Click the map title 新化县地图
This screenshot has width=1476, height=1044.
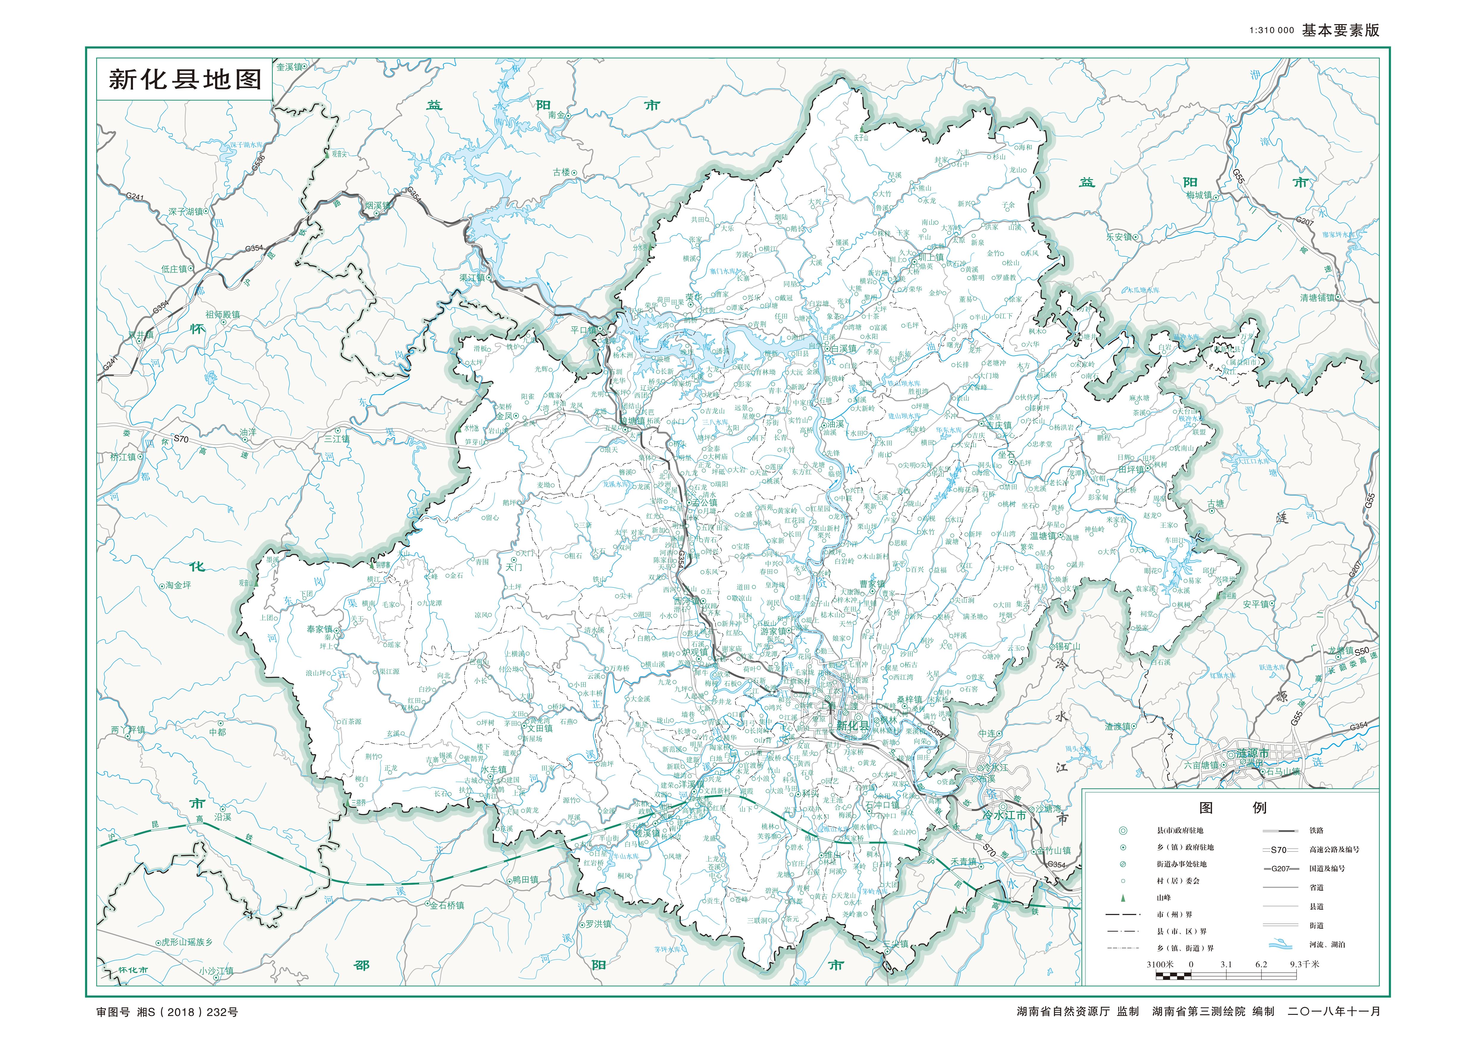tap(185, 80)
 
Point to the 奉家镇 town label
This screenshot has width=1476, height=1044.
tap(320, 629)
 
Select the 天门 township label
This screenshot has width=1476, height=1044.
tap(514, 567)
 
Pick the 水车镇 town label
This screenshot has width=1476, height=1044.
tap(494, 770)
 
